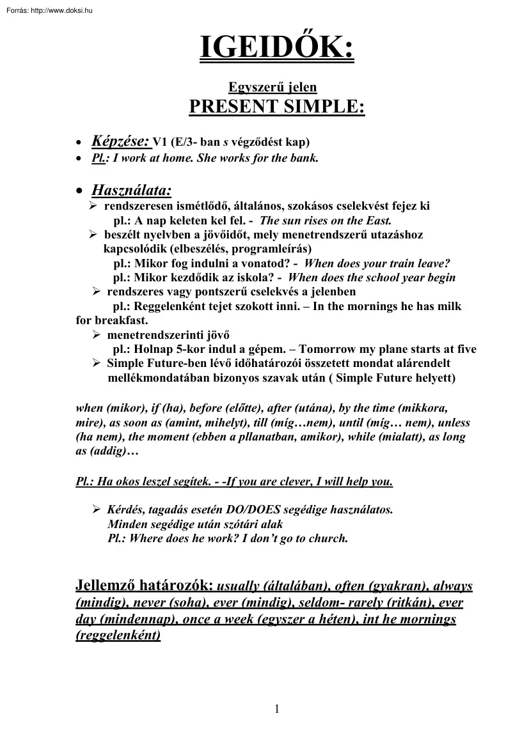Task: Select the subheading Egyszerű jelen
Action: pos(273,86)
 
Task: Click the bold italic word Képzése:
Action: pos(120,140)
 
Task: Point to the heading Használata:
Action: pos(132,190)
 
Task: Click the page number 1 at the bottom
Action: pos(276,708)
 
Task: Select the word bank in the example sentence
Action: pos(304,158)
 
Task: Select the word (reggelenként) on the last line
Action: pos(117,636)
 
